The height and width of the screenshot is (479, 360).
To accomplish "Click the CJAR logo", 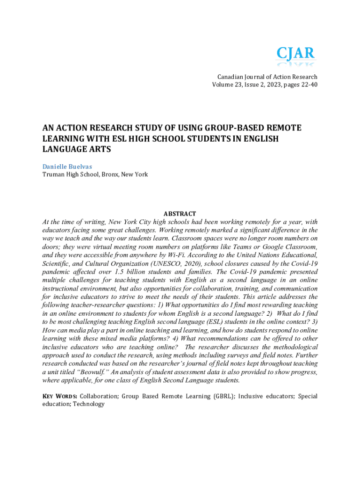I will click(x=295, y=57).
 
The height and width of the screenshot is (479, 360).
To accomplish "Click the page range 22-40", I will click(x=308, y=85).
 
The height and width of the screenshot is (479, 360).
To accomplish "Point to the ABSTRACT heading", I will click(x=180, y=214).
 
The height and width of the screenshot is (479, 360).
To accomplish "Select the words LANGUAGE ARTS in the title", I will click(x=77, y=149).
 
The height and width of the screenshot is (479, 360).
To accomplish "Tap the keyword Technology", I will click(x=89, y=404).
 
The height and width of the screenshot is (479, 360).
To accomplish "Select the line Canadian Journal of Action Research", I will click(x=267, y=77).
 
